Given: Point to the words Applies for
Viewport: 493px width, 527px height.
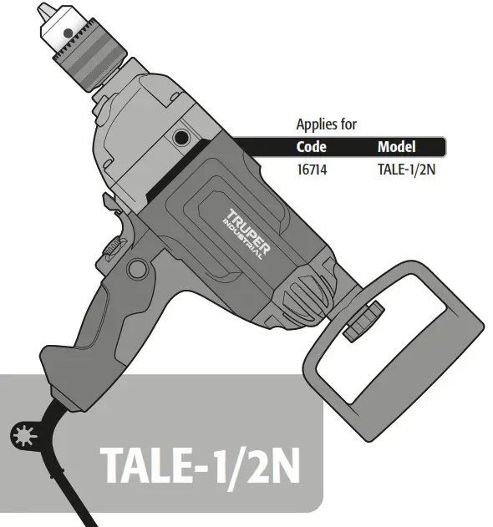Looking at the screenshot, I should [x=327, y=124].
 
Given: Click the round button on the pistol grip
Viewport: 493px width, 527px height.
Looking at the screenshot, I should [x=136, y=269].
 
